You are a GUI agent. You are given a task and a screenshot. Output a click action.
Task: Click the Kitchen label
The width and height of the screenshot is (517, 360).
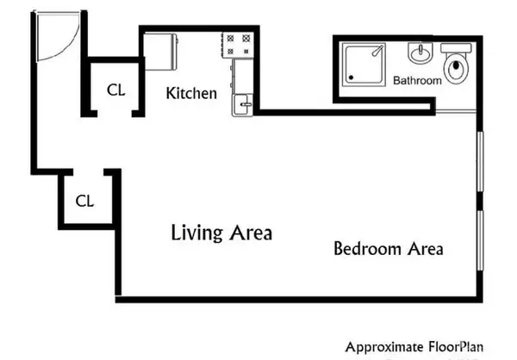pos(191,93)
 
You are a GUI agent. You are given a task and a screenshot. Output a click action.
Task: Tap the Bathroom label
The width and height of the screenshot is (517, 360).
pos(417,80)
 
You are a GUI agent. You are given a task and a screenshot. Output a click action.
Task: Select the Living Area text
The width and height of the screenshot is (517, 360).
pos(221,233)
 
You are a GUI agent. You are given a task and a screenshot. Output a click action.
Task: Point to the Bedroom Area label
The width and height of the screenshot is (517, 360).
pos(388,250)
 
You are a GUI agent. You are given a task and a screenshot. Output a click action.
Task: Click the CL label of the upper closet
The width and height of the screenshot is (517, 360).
pos(115,90)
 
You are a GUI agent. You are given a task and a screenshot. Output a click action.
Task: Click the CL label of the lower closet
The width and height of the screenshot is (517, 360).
pos(84,202)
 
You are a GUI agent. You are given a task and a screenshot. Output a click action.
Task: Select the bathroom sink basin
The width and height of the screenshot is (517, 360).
pos(419,56)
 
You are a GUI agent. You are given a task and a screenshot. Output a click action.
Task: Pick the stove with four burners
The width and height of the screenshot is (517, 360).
pos(240,46)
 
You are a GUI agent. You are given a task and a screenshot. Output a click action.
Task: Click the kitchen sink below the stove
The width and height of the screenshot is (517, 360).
pos(243,102)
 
